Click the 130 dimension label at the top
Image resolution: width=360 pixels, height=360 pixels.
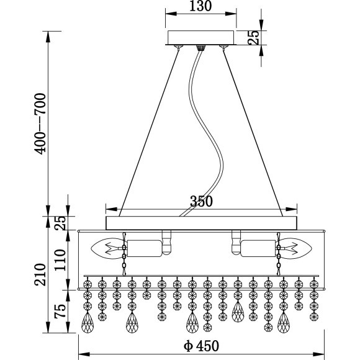tap(200, 6)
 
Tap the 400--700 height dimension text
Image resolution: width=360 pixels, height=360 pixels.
tap(40, 124)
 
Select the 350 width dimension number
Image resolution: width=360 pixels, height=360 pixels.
tap(201, 201)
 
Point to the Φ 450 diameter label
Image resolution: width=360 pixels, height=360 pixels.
tap(201, 346)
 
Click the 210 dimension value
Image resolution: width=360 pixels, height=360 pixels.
tap(40, 274)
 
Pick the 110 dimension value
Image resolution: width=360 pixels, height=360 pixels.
tap(60, 260)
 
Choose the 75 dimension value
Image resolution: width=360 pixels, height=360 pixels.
tap(60, 311)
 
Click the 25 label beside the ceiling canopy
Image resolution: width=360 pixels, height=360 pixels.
tap(254, 37)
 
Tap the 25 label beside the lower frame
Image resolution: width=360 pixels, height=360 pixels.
tap(60, 223)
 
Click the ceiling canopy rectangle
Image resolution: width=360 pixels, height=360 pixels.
tap(201, 38)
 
